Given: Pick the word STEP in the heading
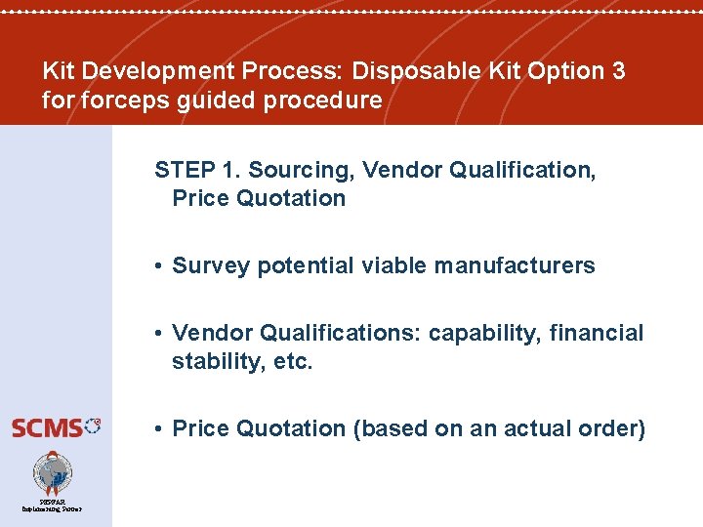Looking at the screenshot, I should coord(185,170).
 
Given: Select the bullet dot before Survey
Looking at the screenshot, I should coord(159,266).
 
